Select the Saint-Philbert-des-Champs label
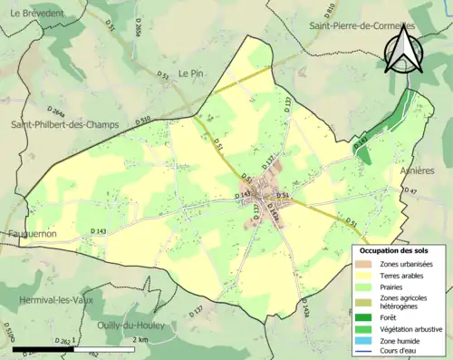[x=64, y=124]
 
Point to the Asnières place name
[x=417, y=170]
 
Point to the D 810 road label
[x=353, y=9]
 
